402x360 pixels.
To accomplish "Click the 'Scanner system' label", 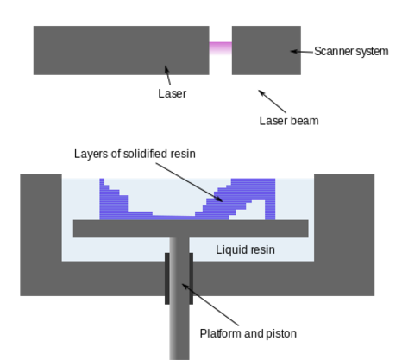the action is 351,52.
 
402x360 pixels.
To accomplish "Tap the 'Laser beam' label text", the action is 289,121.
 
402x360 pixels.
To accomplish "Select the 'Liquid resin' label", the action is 245,249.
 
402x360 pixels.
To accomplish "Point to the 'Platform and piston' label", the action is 248,333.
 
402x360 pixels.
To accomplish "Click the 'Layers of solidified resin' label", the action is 135,154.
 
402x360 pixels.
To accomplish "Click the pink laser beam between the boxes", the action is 221,48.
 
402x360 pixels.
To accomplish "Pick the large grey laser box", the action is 122,50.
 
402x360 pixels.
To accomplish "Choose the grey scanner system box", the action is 267,50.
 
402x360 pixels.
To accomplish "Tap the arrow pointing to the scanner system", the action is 302,52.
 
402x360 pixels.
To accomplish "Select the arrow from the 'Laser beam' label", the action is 272,101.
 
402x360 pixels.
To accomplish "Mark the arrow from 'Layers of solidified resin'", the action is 189,182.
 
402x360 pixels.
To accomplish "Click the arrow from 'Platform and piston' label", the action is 210,305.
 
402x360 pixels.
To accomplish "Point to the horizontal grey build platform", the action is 191,229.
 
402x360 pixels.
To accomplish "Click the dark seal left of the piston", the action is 167,279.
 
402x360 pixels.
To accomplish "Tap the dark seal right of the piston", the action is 192,279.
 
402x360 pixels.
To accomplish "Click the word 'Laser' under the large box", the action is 173,93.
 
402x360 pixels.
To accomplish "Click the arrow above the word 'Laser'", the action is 167,75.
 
